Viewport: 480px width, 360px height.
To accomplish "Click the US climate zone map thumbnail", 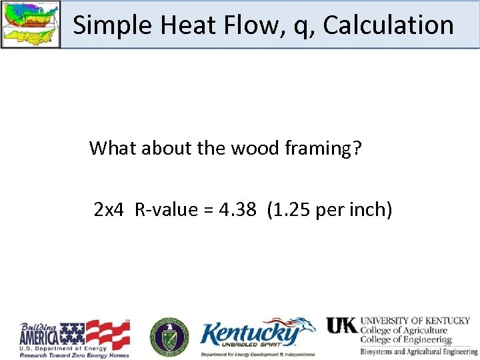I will [30, 24].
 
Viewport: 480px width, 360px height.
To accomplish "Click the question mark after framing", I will [357, 147].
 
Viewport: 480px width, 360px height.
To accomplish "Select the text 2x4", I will [109, 210].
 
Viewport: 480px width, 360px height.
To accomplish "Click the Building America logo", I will [75, 339].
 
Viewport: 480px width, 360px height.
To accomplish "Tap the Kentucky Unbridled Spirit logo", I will [257, 337].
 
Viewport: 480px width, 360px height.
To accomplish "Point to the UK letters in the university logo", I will [341, 325].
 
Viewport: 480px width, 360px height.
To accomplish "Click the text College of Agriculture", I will [404, 330].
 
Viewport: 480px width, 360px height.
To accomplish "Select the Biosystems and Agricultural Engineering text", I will [419, 351].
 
